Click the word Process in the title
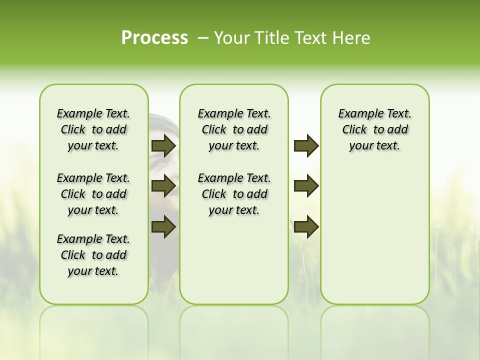(154, 38)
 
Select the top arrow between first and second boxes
(163, 146)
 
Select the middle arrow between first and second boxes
(163, 186)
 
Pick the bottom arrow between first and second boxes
(163, 226)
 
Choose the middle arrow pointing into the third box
(306, 186)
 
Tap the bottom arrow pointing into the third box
(306, 226)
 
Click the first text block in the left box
(93, 129)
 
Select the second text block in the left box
(93, 194)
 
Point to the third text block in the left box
(93, 255)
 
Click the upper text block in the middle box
(234, 129)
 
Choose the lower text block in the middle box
(234, 194)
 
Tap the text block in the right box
(374, 129)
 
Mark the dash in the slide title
(202, 38)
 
